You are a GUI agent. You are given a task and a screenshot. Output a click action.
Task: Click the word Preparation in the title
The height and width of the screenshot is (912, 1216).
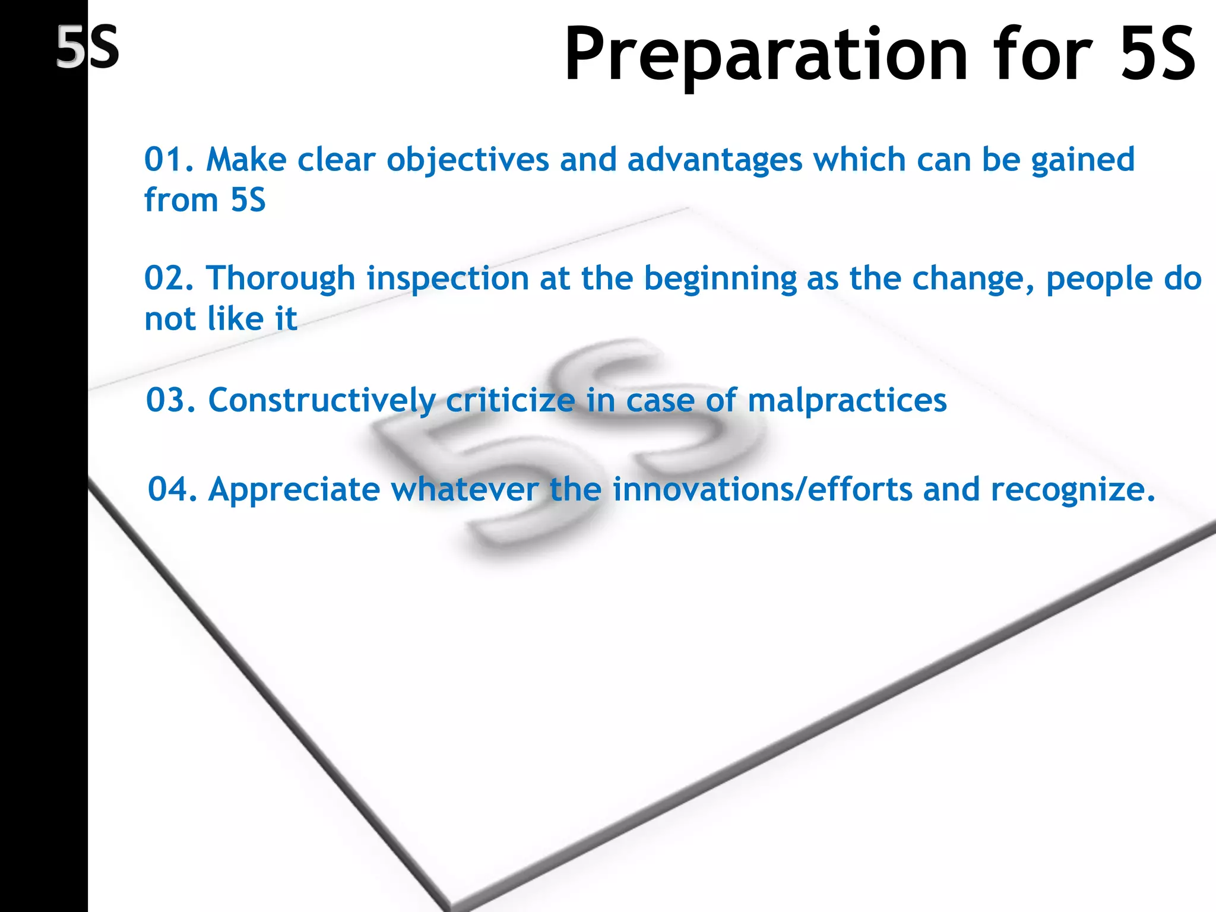[x=766, y=55]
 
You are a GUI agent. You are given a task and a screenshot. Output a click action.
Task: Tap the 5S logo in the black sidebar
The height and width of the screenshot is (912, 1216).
[x=88, y=47]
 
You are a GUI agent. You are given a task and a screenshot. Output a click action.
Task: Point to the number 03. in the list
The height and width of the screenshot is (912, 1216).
[x=171, y=400]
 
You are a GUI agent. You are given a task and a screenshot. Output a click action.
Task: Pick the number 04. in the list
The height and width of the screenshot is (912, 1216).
[x=172, y=490]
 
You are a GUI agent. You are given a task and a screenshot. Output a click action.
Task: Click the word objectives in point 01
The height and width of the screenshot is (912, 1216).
[x=468, y=160]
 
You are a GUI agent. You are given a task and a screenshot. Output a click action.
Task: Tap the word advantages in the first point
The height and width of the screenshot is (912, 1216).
[x=715, y=160]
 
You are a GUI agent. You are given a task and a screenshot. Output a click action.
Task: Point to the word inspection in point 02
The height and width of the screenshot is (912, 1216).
[x=448, y=279]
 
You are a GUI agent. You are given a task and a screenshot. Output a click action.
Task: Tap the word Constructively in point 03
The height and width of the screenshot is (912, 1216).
[x=321, y=401]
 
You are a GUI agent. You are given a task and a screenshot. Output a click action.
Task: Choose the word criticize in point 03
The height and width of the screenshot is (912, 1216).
[x=511, y=401]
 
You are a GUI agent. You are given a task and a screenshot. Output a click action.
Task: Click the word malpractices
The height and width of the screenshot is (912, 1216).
[x=847, y=401]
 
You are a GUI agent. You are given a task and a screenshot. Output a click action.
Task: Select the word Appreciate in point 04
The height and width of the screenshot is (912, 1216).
[x=294, y=490]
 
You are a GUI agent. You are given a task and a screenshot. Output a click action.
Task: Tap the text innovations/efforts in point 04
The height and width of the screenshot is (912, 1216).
[x=762, y=490]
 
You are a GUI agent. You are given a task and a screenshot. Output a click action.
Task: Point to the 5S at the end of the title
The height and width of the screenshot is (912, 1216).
[x=1158, y=55]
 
